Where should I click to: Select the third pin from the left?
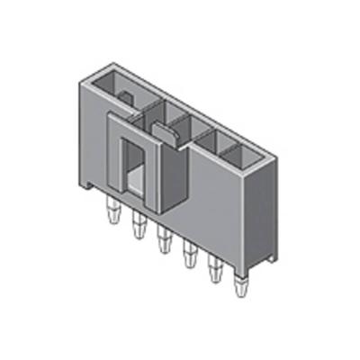(164, 240)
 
